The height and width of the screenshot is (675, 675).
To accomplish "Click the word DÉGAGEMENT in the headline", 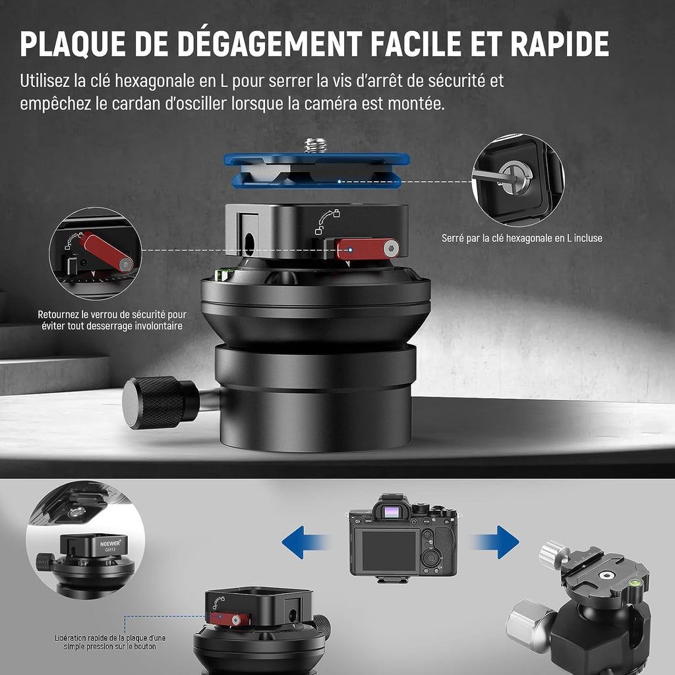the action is [270, 44].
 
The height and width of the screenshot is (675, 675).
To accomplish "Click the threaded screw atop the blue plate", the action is [316, 146].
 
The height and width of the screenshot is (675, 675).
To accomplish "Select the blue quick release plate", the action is [316, 171].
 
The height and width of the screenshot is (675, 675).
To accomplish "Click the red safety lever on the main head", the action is [367, 249].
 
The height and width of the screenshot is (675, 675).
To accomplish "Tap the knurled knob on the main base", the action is [160, 403].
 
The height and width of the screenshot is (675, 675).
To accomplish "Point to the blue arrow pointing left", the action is [305, 542].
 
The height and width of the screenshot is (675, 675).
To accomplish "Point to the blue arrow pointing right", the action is [496, 542].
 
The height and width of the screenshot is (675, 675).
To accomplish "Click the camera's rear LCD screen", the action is [389, 550].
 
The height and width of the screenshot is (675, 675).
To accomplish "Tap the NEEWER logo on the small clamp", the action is [110, 543].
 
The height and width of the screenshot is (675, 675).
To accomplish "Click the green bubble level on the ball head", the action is [633, 584].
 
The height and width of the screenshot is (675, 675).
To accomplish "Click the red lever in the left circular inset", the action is [106, 252].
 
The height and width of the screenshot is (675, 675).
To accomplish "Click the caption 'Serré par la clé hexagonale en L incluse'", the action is [522, 238].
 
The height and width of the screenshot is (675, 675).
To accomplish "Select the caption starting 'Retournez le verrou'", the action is [112, 320].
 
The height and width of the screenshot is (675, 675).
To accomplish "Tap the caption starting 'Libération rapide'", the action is [110, 642].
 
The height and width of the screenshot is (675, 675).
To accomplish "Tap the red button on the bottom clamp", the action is [229, 620].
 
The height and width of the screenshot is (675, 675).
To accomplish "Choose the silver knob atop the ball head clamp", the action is [551, 554].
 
